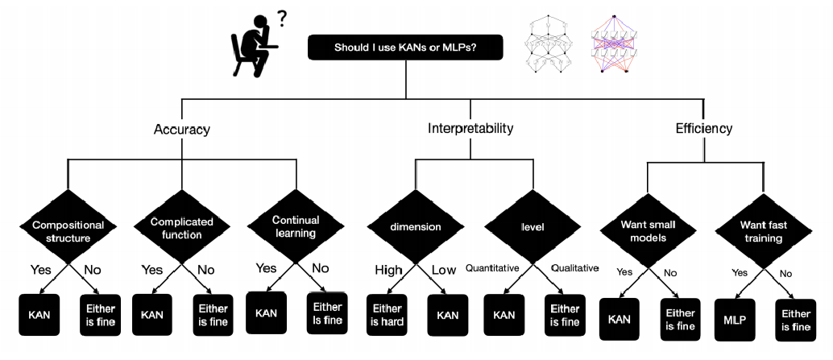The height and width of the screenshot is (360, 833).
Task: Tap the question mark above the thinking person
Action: (x=282, y=16)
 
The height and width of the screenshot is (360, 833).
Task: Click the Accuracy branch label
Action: (x=182, y=129)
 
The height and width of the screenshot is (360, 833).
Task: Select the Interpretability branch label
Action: (x=470, y=128)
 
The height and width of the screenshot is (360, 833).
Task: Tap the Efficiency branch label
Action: (x=704, y=128)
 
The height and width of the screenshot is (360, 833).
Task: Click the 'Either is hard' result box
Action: (x=387, y=315)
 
